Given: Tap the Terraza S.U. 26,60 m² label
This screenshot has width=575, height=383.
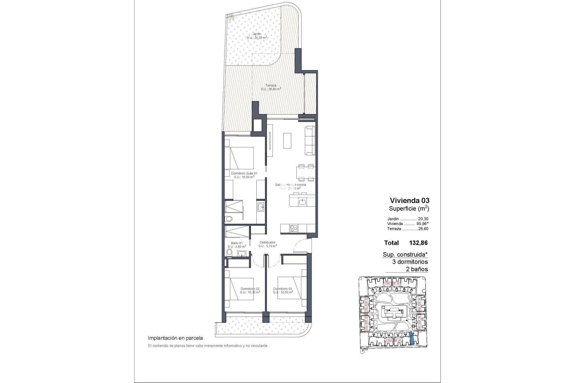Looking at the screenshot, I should pyautogui.click(x=271, y=87).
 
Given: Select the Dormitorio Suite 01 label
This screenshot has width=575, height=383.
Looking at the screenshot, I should pyautogui.click(x=244, y=175).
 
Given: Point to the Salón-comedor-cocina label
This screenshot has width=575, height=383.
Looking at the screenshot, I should pyautogui.click(x=290, y=186).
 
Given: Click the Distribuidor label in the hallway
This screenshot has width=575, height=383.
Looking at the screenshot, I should pyautogui.click(x=267, y=244).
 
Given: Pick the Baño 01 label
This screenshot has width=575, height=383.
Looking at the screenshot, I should pyautogui.click(x=237, y=245).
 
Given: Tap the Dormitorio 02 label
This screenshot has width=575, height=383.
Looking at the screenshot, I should pyautogui.click(x=250, y=290).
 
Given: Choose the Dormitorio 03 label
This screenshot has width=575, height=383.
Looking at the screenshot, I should pyautogui.click(x=283, y=290).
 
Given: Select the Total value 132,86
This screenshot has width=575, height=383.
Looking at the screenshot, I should pyautogui.click(x=418, y=243).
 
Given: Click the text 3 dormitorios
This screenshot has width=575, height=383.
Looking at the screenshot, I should pyautogui.click(x=410, y=262).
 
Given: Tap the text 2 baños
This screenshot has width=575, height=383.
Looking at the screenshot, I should pyautogui.click(x=417, y=269).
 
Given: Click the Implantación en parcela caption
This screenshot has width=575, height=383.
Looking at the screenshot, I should pyautogui.click(x=175, y=338).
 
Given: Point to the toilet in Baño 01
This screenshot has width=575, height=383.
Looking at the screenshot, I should pyautogui.click(x=229, y=253).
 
